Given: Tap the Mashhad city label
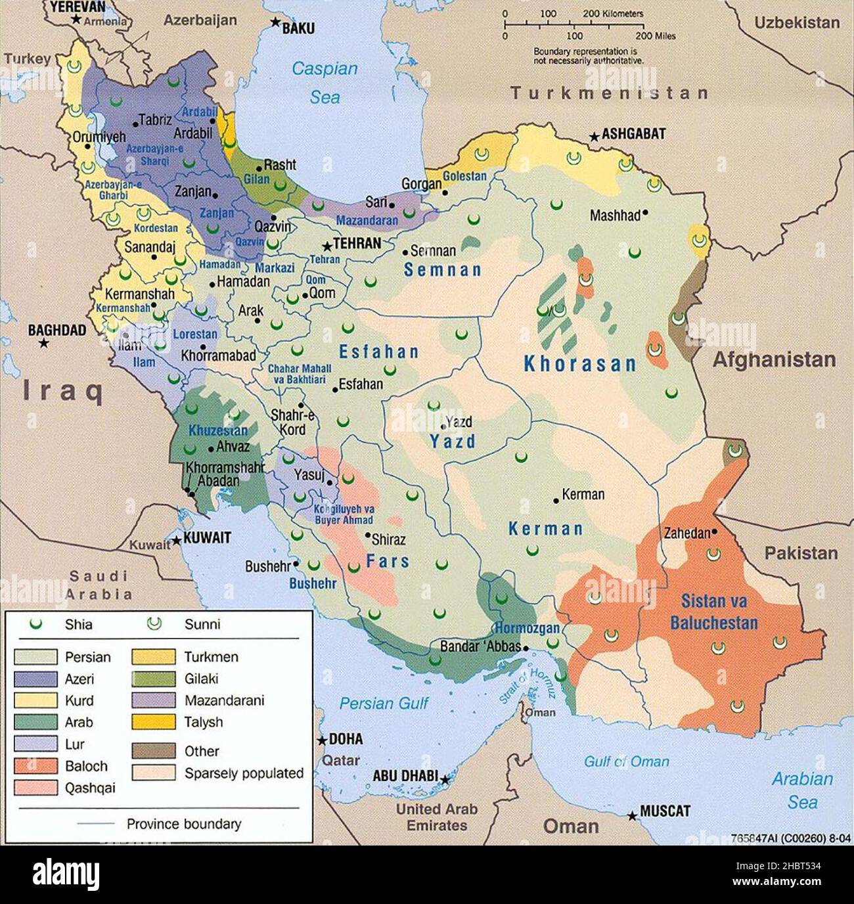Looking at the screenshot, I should pyautogui.click(x=614, y=215).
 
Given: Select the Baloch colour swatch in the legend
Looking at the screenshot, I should pyautogui.click(x=35, y=766).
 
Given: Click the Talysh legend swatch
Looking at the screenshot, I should pyautogui.click(x=154, y=722).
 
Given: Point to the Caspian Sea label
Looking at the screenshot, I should pyautogui.click(x=325, y=82).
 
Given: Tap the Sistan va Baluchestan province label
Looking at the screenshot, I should pyautogui.click(x=713, y=612).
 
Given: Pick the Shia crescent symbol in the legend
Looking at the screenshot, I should pyautogui.click(x=35, y=624).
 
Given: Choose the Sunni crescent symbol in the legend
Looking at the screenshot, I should pyautogui.click(x=154, y=624).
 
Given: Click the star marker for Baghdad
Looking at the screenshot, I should pyautogui.click(x=43, y=344).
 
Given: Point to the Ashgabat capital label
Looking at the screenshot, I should pyautogui.click(x=633, y=134).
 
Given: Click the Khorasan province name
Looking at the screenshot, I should pyautogui.click(x=580, y=364).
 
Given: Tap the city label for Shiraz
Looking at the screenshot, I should pyautogui.click(x=388, y=539).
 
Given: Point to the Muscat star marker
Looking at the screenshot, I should pyautogui.click(x=632, y=816).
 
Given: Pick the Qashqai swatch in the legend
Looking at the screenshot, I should pyautogui.click(x=35, y=788).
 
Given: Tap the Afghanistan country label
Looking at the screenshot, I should pyautogui.click(x=774, y=359).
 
